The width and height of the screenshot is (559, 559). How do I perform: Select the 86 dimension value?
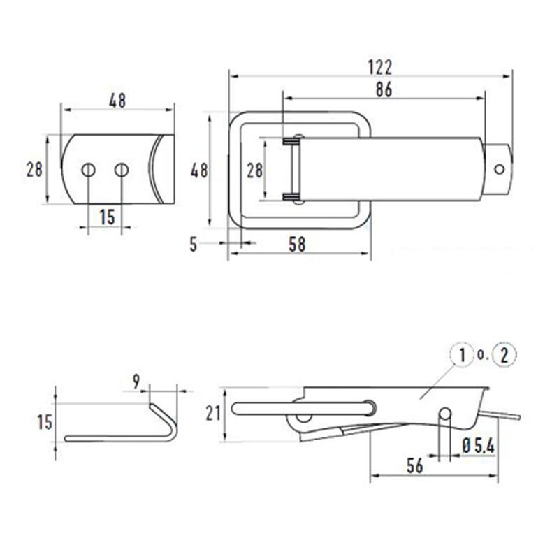pos(383,89)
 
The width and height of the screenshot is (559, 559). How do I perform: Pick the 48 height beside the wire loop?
pos(199,170)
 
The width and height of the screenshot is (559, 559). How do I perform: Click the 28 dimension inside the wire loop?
pos(254,170)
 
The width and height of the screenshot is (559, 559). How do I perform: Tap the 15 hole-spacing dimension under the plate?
pos(106,217)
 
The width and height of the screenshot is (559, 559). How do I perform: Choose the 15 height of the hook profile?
pos(44,423)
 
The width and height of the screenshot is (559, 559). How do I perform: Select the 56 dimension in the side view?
pos(414,466)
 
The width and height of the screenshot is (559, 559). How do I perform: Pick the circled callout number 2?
pos(504,356)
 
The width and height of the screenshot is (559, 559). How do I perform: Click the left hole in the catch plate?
pos(88,169)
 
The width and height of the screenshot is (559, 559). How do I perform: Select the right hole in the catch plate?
pos(122,169)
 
